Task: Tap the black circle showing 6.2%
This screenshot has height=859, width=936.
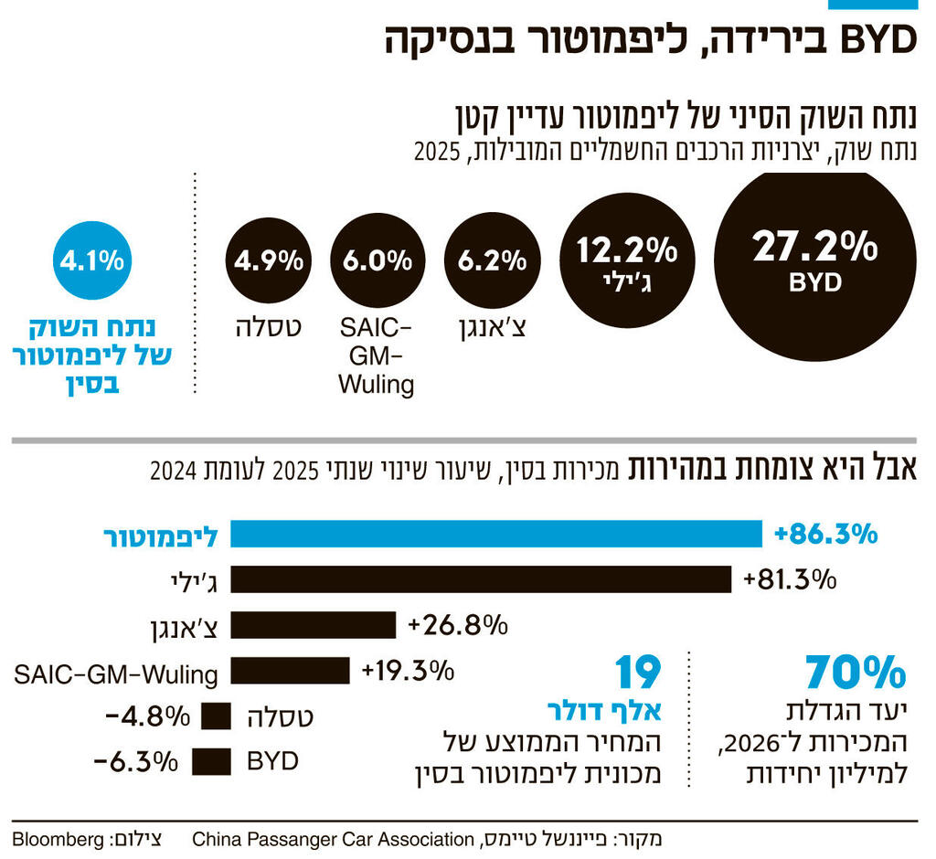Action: tap(492, 261)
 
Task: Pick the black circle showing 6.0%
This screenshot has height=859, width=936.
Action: tap(377, 261)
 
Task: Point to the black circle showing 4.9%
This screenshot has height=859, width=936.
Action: tap(268, 261)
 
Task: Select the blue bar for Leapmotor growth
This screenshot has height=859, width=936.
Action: tap(495, 534)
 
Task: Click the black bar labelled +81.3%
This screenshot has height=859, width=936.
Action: tap(480, 579)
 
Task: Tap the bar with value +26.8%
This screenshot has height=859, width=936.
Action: tap(313, 625)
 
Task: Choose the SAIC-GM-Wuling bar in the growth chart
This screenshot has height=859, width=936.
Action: tap(290, 671)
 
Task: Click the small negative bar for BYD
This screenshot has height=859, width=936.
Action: tap(211, 760)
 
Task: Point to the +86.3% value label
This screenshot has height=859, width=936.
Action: tap(825, 534)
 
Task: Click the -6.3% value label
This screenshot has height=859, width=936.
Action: tap(135, 760)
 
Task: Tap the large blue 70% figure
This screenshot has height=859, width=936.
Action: tap(856, 673)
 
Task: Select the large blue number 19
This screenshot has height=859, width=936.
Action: tap(636, 673)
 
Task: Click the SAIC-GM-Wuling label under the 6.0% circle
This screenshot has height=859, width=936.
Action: tap(376, 356)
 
